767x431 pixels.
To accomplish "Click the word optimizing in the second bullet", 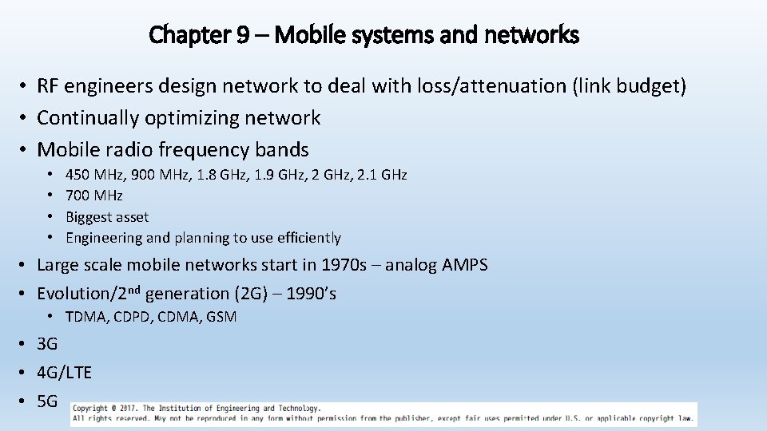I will click(x=192, y=118).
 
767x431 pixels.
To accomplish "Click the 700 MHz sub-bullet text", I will click(x=94, y=196).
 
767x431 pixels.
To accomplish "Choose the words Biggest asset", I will click(x=107, y=216).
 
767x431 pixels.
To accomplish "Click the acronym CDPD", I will click(x=132, y=317).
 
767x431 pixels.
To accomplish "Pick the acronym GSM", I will click(x=221, y=317).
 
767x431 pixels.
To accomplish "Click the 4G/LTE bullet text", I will click(x=64, y=373).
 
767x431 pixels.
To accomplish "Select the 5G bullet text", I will click(x=47, y=401).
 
